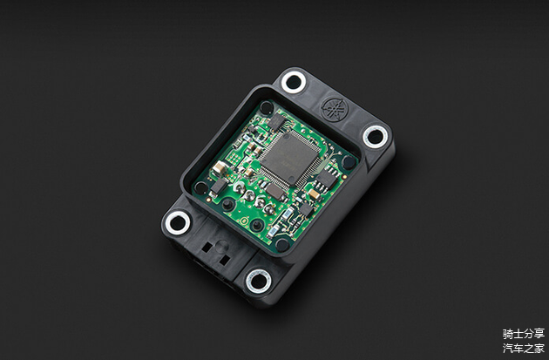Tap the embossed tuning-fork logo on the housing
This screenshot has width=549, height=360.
pyautogui.click(x=335, y=109)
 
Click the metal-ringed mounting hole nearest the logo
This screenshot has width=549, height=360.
pyautogui.click(x=375, y=136)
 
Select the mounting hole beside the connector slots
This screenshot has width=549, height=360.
pyautogui.click(x=178, y=223)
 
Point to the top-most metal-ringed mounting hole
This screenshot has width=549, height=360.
pyautogui.click(x=294, y=82)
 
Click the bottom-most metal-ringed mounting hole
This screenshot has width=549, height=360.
pyautogui.click(x=259, y=281)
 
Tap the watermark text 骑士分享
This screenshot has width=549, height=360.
pyautogui.click(x=524, y=334)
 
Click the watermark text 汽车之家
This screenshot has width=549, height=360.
pyautogui.click(x=524, y=348)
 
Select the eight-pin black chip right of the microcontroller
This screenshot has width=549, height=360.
pyautogui.click(x=326, y=179)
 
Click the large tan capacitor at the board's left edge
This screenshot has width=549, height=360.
pyautogui.click(x=220, y=167)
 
